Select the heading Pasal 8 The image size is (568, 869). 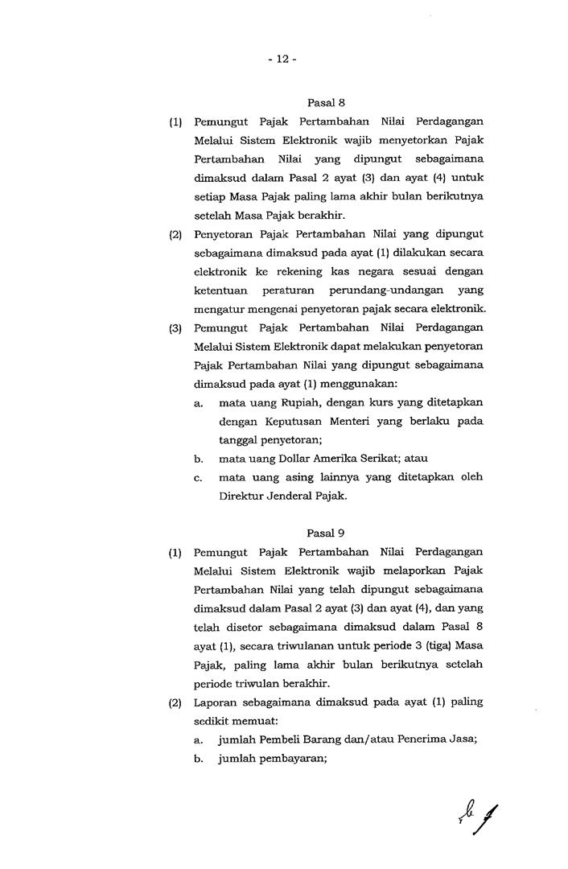[326, 102]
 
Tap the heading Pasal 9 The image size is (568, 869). [326, 533]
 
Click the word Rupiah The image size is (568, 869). [286, 402]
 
